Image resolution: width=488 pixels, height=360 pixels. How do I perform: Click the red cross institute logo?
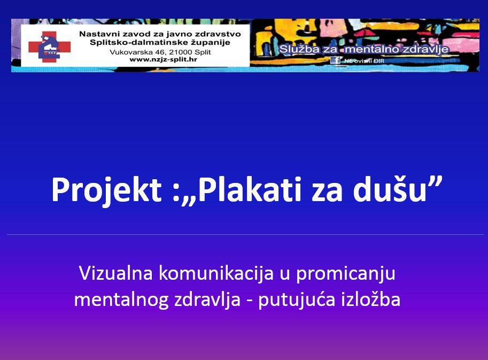coord(50,47)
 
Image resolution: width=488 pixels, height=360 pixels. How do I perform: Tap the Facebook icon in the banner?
coord(335,60)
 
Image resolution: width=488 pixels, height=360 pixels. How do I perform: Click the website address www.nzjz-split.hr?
coord(164,59)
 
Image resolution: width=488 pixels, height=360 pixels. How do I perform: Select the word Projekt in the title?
coord(106,190)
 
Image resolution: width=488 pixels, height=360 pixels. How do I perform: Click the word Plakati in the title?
coord(250,189)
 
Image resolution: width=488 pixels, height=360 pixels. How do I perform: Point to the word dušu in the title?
coord(390,189)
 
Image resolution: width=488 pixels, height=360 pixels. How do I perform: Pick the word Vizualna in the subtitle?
coord(116,273)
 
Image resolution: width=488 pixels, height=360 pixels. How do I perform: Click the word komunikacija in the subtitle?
coord(216,273)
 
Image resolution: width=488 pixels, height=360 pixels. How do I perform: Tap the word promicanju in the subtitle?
coord(345,274)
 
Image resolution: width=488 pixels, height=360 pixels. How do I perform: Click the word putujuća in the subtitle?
coord(297,300)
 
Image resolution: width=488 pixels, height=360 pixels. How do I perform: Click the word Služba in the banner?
coord(299,49)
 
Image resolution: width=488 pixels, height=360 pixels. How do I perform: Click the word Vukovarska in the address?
coord(131,52)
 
